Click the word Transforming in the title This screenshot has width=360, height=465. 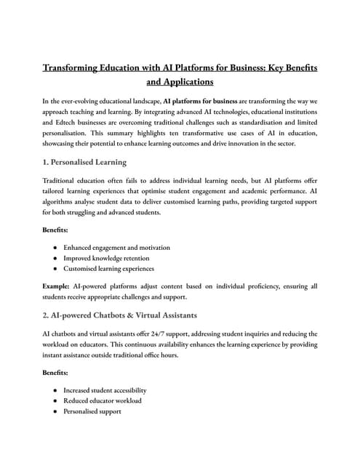click(73, 68)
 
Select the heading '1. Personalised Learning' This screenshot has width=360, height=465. click(84, 161)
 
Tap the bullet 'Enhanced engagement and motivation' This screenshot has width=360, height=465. click(116, 247)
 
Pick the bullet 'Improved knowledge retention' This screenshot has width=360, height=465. click(106, 257)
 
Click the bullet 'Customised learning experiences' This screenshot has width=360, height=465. click(110, 268)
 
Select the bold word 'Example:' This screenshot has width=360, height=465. click(60, 287)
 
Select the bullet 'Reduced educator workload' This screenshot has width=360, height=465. click(103, 400)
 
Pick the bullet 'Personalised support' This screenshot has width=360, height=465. click(92, 411)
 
